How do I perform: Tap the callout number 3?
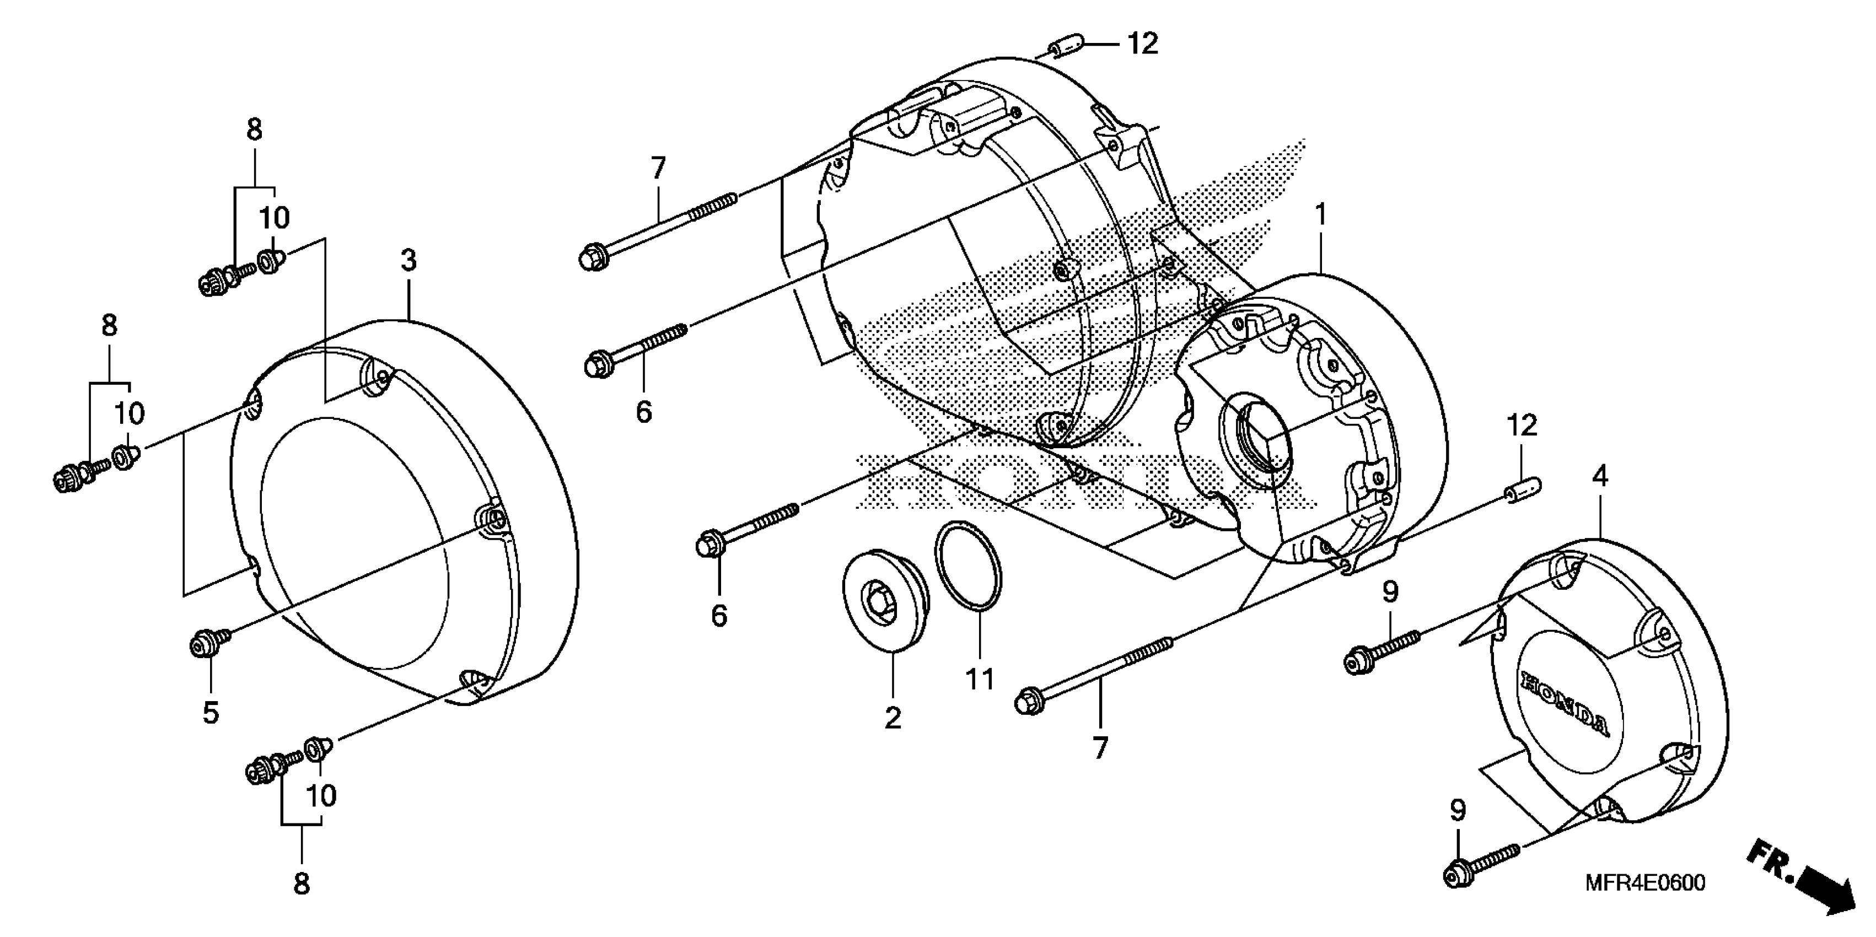tap(408, 260)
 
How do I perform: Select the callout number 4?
tap(1599, 476)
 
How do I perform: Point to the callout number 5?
tap(211, 712)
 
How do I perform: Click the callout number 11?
tap(980, 679)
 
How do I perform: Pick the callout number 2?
tap(893, 718)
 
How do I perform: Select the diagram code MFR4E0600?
tap(1644, 882)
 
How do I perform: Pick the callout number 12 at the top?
tap(1142, 44)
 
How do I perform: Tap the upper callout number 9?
tap(1390, 592)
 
